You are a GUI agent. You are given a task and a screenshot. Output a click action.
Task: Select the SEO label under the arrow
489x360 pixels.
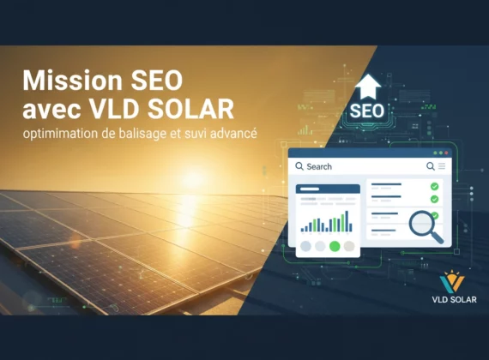click(366, 111)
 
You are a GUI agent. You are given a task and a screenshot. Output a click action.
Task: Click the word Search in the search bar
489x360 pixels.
click(319, 166)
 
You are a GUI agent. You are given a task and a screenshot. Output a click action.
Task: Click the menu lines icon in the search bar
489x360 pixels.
click(441, 166)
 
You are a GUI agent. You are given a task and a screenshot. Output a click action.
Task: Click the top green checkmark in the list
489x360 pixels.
click(434, 186)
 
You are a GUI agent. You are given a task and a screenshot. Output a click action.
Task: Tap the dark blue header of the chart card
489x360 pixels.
click(328, 189)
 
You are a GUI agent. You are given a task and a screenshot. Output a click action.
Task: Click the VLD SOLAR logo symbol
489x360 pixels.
click(452, 282)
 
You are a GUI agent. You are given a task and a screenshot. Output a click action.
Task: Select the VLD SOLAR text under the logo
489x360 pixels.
click(452, 300)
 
